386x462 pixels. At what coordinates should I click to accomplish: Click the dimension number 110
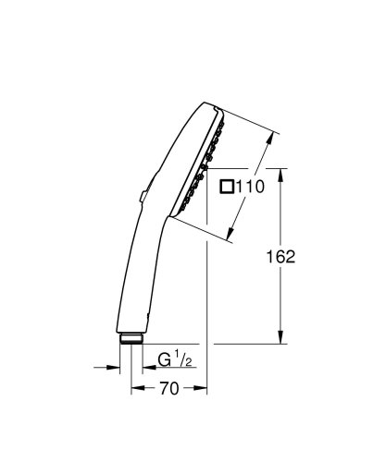(x=251, y=187)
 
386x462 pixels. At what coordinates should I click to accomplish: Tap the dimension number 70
(x=168, y=389)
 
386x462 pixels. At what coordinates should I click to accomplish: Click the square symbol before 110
(x=227, y=187)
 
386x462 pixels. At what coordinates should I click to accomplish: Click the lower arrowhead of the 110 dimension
(x=231, y=237)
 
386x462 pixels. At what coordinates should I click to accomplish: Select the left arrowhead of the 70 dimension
(x=133, y=389)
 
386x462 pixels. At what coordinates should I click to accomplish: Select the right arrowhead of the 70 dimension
(x=204, y=389)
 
